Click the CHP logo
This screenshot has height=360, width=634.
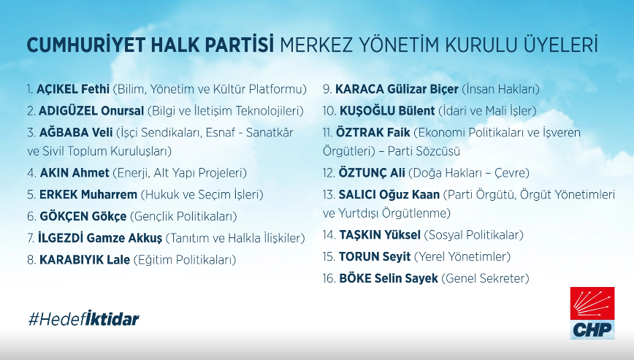592,313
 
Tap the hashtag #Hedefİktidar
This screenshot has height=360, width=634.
84,319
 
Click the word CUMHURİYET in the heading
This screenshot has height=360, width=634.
85,45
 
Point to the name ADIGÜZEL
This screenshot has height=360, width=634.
68,111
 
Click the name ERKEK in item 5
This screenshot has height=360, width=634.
58,195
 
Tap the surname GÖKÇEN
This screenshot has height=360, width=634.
64,217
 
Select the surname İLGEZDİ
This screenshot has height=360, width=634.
61,238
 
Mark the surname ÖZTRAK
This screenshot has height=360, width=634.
359,132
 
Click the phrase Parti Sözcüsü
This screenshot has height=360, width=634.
424,151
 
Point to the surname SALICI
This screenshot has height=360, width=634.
357,195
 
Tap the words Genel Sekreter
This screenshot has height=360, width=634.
485,278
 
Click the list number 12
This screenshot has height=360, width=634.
329,173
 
